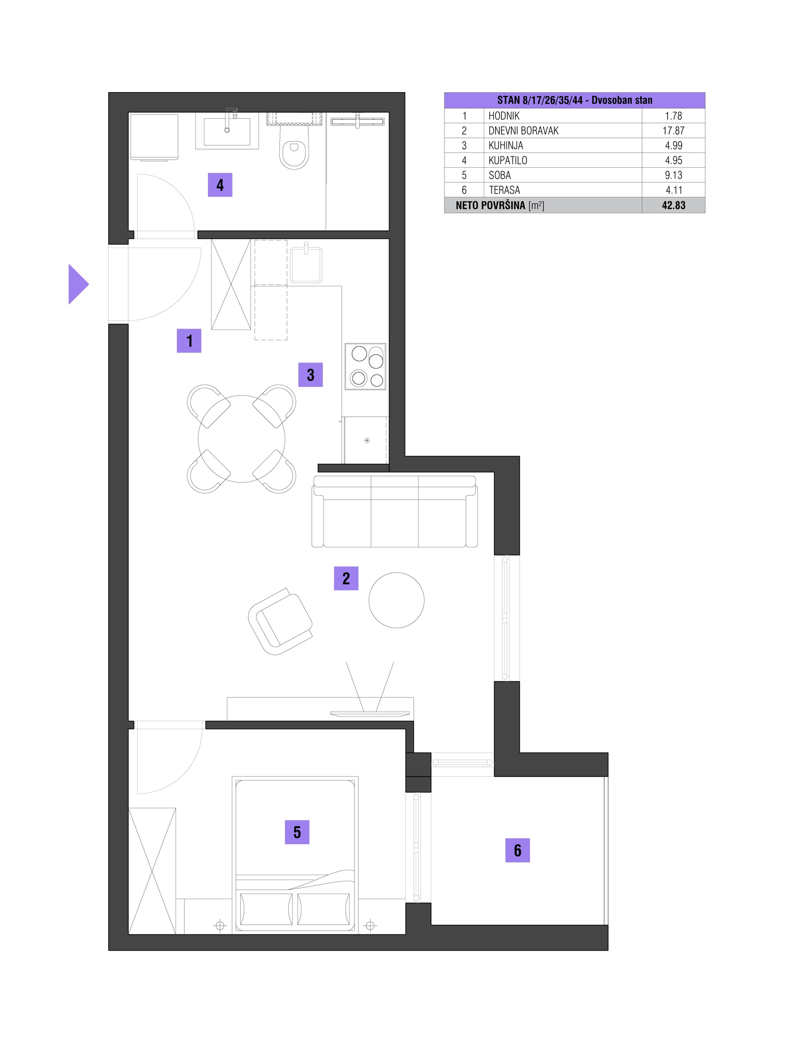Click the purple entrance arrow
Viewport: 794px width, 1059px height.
click(77, 284)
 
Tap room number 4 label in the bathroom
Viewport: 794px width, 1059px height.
click(220, 185)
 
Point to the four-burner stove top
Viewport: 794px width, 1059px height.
click(365, 367)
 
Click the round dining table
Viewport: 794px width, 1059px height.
click(242, 439)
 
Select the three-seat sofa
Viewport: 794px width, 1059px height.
click(395, 511)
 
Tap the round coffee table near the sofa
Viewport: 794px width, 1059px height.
click(397, 600)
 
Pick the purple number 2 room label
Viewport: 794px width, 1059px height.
click(346, 579)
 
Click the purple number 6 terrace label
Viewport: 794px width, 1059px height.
click(518, 850)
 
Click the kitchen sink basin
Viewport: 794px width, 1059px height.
click(306, 265)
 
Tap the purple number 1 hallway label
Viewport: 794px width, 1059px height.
click(189, 341)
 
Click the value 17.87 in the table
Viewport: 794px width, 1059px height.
click(673, 131)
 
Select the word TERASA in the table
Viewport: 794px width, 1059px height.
click(504, 190)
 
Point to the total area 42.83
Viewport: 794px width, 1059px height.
click(673, 205)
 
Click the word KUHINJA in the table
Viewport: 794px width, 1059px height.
click(506, 146)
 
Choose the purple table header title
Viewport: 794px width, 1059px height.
click(574, 100)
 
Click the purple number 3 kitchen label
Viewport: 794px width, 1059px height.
click(311, 375)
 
